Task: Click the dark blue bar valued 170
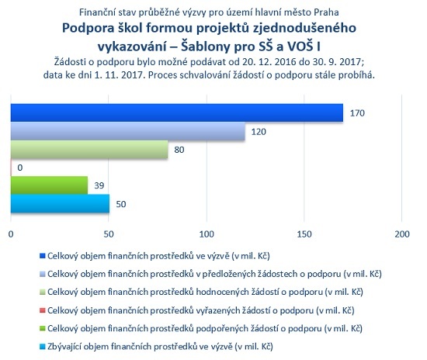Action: [177, 112]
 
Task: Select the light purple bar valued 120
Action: [128, 131]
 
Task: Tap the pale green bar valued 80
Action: [89, 149]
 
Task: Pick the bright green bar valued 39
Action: [49, 185]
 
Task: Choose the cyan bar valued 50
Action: [61, 203]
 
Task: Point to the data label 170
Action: [357, 113]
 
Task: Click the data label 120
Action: [259, 132]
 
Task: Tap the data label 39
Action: [99, 185]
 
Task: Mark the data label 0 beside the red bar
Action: [20, 168]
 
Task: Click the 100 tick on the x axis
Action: [207, 234]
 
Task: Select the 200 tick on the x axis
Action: [402, 234]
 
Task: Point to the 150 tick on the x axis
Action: [304, 234]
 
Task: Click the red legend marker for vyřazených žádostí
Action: [42, 310]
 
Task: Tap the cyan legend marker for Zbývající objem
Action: [42, 347]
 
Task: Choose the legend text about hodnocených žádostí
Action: [205, 292]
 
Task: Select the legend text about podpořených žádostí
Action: [205, 328]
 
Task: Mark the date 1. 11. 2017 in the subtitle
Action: [119, 74]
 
